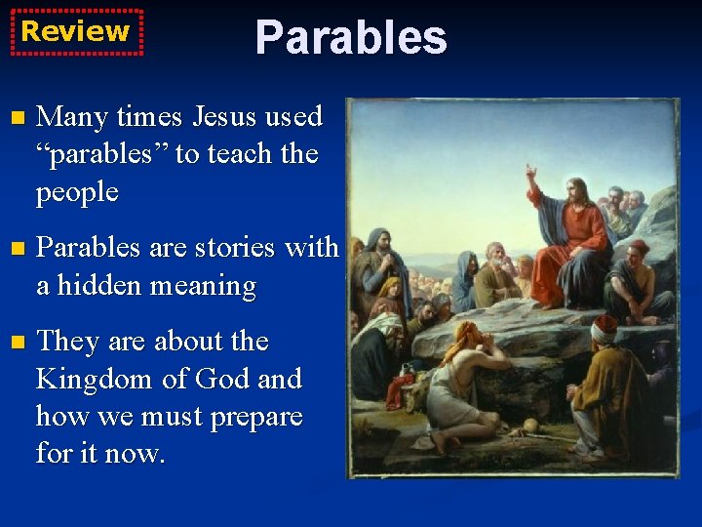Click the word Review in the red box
click(x=75, y=31)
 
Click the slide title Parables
click(x=350, y=38)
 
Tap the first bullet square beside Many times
click(x=15, y=119)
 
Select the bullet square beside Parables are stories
click(x=15, y=250)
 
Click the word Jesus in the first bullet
click(x=225, y=117)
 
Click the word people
click(x=77, y=193)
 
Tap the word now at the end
click(x=141, y=455)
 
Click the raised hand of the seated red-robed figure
click(x=531, y=174)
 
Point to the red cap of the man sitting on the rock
click(x=639, y=247)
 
